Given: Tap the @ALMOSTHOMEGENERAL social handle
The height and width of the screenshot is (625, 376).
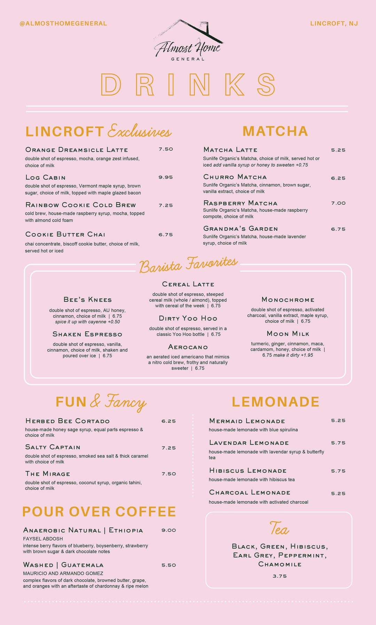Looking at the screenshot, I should [x=63, y=23].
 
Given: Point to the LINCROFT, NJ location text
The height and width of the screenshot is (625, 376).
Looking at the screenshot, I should [x=334, y=23].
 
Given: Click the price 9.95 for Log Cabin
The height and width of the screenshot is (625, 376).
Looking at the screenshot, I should [x=166, y=177].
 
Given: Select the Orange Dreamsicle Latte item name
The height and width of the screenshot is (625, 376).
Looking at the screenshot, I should [x=77, y=150].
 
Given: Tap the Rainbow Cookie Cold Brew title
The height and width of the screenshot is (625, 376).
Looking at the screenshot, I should [x=80, y=205].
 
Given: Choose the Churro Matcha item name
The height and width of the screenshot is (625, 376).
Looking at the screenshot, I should [x=235, y=177].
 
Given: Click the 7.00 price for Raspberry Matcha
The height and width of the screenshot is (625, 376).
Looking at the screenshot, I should [x=338, y=203].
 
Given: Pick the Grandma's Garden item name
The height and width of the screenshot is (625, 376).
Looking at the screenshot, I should [x=241, y=229].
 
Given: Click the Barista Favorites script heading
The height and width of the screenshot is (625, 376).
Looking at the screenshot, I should [x=188, y=265].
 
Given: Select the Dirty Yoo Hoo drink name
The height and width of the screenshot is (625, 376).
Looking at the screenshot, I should [x=188, y=318].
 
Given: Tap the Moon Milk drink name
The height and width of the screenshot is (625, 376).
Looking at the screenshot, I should [x=288, y=334].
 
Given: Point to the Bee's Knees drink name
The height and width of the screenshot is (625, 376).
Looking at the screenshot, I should [x=88, y=300].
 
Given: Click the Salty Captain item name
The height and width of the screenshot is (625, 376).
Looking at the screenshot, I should [x=53, y=447].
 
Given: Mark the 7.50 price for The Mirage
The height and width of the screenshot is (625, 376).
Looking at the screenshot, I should [x=169, y=474].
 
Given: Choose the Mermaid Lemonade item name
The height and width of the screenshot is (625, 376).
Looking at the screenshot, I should [x=247, y=421].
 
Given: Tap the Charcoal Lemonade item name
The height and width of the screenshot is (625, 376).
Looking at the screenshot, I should [x=250, y=492].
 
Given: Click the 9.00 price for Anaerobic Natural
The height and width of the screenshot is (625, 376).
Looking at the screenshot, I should [x=169, y=530].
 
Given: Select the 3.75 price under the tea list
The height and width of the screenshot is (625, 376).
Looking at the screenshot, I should [x=280, y=576].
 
